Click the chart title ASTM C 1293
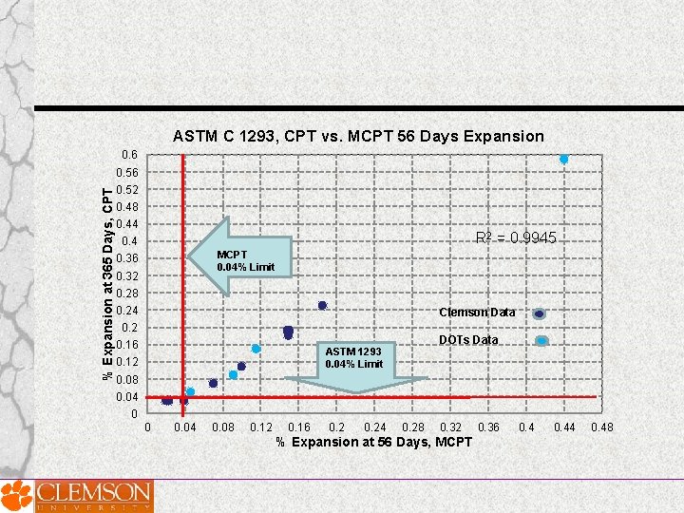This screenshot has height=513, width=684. click(x=358, y=136)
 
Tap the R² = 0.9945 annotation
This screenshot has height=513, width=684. click(x=515, y=238)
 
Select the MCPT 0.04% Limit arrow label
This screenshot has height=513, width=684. click(x=245, y=260)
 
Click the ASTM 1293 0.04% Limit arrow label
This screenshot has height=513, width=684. click(x=353, y=358)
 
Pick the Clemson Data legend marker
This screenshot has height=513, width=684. click(x=540, y=313)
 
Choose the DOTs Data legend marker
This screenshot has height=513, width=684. click(x=541, y=340)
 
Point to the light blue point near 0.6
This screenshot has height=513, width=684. click(x=563, y=159)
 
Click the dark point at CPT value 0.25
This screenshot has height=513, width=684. click(x=322, y=305)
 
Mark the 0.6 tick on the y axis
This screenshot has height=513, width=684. click(x=129, y=155)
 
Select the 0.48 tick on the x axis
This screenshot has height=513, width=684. click(x=602, y=427)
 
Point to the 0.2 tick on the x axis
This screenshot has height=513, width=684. click(x=336, y=427)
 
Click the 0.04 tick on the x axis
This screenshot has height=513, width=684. click(x=185, y=427)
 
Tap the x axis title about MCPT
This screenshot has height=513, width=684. click(x=373, y=442)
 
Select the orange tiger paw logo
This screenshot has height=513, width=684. click(x=15, y=495)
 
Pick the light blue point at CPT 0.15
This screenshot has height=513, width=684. click(x=256, y=349)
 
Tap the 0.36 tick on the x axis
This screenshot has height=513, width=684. click(x=488, y=427)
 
